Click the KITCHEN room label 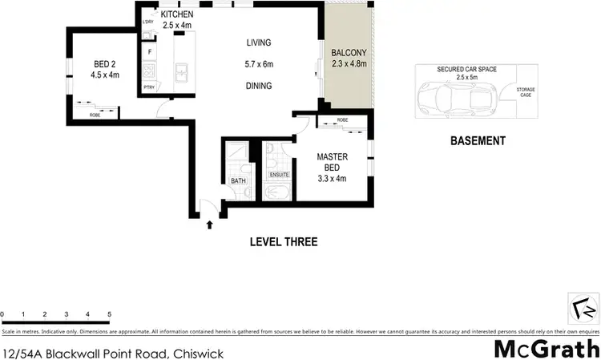[x=177, y=14]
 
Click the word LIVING [x=260, y=43]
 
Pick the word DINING [x=259, y=86]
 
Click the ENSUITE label [x=279, y=174]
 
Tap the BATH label [x=238, y=181]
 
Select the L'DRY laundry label [x=147, y=22]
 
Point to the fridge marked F [x=148, y=52]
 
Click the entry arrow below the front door [x=210, y=225]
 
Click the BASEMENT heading [x=478, y=141]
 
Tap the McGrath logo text [x=545, y=349]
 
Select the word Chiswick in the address [x=196, y=353]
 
